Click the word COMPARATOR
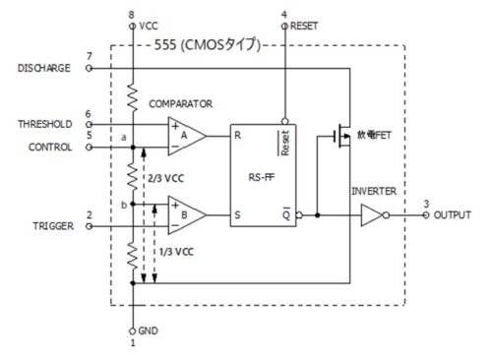(x=182, y=102)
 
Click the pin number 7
(x=90, y=56)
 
